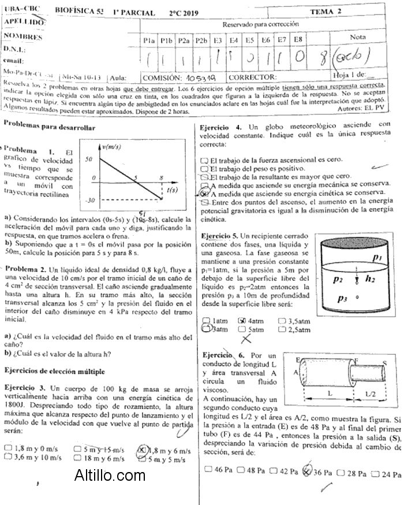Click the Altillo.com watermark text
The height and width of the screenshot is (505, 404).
(x=110, y=476)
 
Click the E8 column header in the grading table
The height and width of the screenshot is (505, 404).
(x=298, y=40)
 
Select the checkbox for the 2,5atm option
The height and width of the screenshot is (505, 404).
(x=282, y=329)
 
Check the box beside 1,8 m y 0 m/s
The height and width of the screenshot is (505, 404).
(x=8, y=448)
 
